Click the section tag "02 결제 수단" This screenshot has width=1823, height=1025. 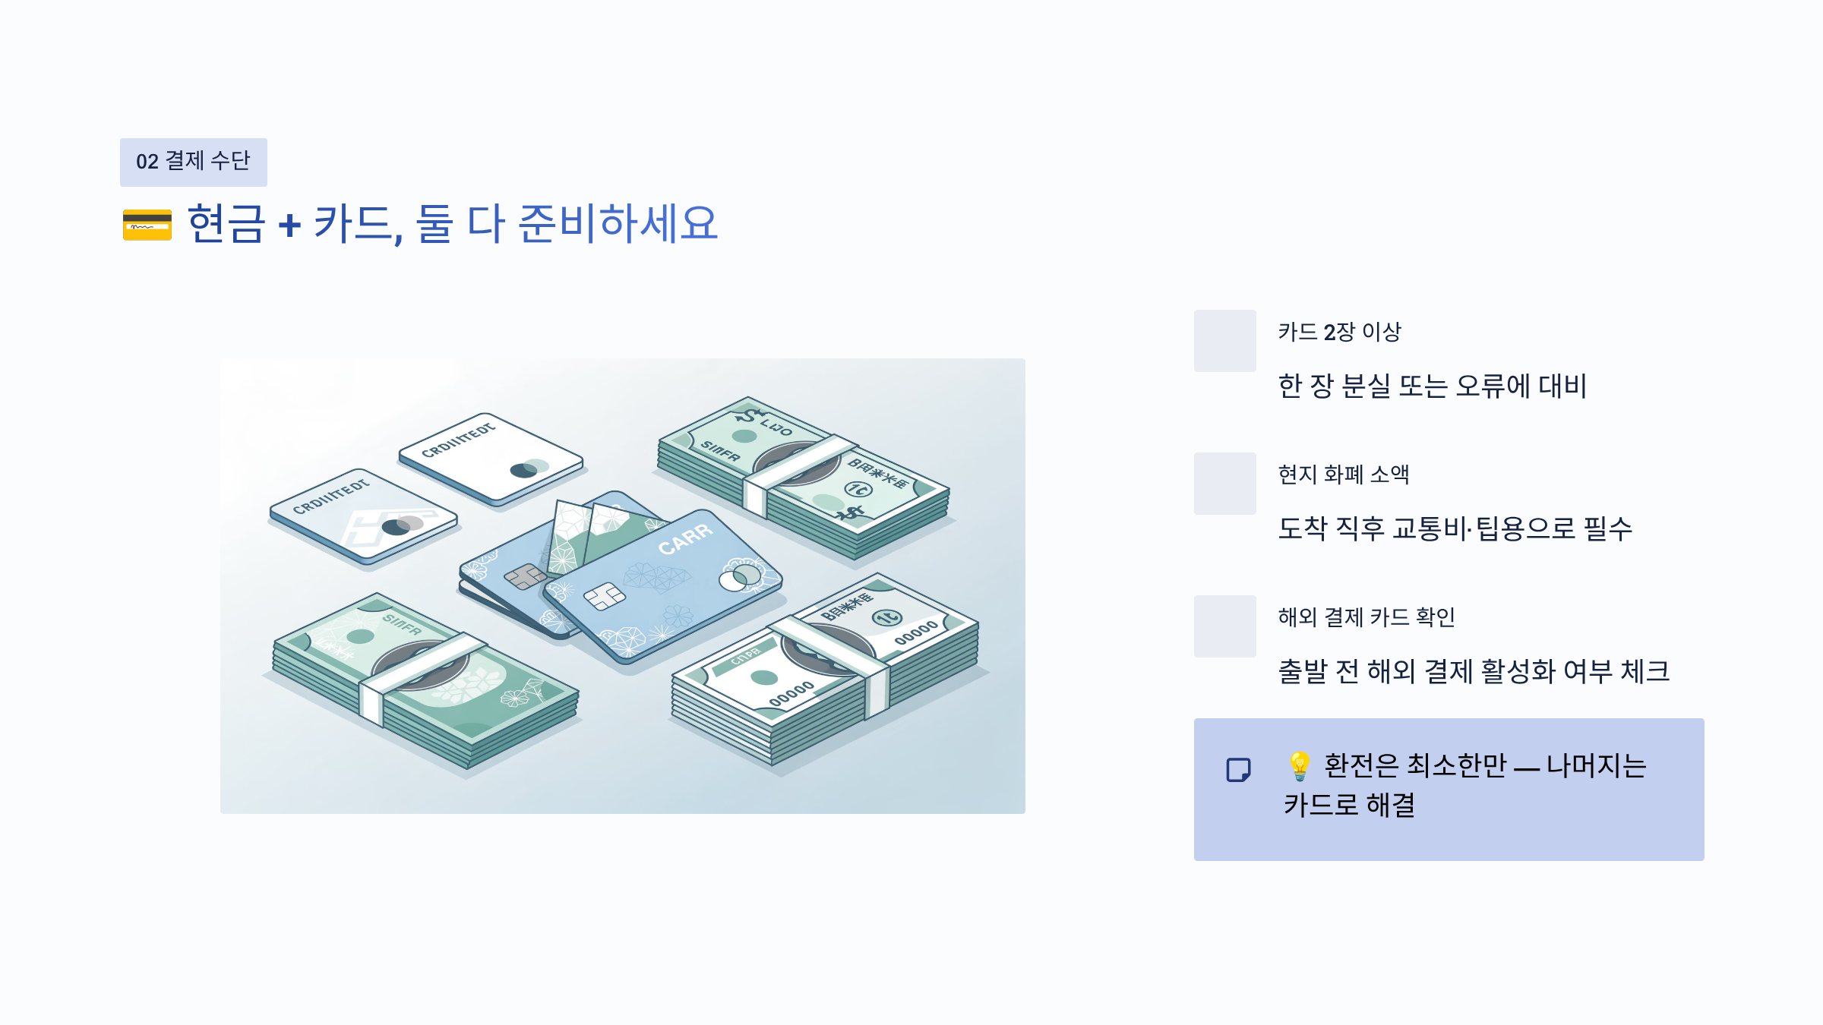click(193, 162)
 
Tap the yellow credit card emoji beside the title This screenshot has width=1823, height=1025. click(147, 225)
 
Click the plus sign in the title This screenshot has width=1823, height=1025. click(289, 225)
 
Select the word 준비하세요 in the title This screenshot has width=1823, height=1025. click(618, 224)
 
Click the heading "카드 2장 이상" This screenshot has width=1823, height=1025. click(1339, 332)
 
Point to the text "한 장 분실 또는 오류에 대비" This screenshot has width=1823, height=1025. click(1433, 386)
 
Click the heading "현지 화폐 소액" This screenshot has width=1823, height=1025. click(1343, 475)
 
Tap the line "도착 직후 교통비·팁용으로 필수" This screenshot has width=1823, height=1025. click(1455, 528)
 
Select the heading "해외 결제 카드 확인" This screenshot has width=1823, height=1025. click(1366, 617)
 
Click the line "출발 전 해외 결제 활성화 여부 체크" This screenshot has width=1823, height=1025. click(1474, 671)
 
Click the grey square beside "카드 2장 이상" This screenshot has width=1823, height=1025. click(1224, 341)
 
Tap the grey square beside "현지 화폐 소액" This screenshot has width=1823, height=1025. click(1224, 484)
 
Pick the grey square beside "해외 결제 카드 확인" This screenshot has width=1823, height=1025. click(1224, 626)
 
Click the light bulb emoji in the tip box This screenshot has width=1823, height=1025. click(1299, 766)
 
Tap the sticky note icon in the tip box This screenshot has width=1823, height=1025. click(1238, 770)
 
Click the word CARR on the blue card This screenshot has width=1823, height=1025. click(685, 539)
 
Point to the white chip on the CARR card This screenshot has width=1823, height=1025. click(605, 596)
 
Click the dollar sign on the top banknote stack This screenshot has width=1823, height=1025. click(748, 415)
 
